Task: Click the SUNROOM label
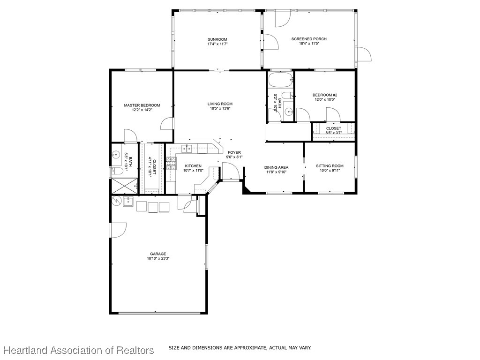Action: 217,39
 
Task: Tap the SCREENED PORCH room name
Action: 309,39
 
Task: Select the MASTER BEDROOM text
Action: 142,105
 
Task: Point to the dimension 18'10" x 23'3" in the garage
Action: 158,258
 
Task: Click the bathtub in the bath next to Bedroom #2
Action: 280,80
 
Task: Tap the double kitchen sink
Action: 187,149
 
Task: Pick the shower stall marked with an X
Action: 124,186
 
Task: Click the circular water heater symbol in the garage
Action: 116,201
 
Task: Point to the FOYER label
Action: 234,152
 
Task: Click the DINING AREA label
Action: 276,167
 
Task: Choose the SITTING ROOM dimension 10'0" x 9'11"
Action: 330,171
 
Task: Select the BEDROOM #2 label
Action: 325,95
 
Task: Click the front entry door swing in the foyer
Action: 231,173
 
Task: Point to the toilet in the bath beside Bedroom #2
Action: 288,96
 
